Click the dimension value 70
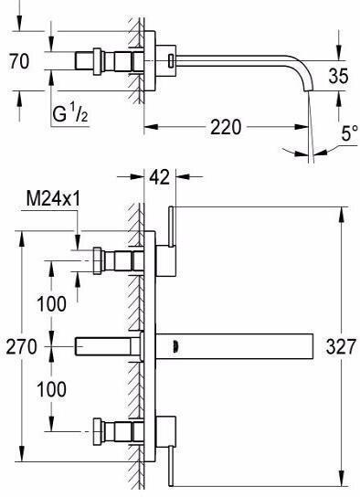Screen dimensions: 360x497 coord(19,61)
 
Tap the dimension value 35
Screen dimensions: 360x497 coord(338,76)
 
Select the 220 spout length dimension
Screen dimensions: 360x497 coord(226,127)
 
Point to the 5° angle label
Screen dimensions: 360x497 coord(350,133)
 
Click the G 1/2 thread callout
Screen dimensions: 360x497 coord(70,114)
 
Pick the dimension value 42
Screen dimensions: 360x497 coord(159,177)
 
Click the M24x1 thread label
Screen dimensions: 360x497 coord(53,199)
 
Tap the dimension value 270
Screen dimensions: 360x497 coord(22,346)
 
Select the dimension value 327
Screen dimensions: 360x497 coord(341,346)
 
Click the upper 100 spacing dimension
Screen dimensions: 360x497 coord(51,303)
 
